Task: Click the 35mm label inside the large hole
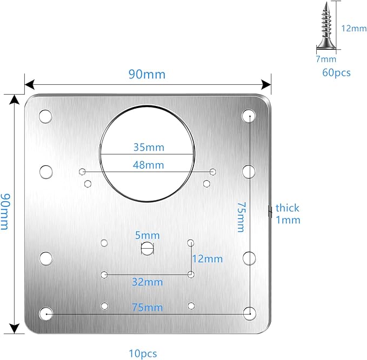(149, 148)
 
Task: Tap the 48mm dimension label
(149, 165)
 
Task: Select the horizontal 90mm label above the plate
(147, 75)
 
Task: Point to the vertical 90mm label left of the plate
(5, 211)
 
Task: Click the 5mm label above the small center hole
(148, 236)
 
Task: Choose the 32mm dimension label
(148, 282)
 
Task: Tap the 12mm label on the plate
(208, 259)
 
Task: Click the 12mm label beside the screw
(354, 28)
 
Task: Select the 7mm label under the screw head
(326, 59)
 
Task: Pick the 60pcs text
(337, 72)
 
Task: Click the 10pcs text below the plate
(143, 353)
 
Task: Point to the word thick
(288, 208)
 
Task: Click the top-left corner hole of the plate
(45, 116)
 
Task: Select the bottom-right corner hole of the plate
(250, 314)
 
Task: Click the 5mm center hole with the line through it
(147, 248)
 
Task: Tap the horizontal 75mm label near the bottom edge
(148, 308)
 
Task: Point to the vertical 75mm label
(241, 217)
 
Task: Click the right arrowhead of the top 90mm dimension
(266, 84)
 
